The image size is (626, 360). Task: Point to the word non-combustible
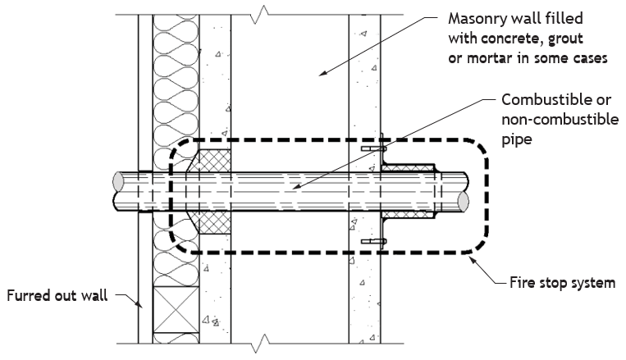[x=560, y=120]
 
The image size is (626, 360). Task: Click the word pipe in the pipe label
[x=517, y=139]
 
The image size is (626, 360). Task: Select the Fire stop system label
[x=563, y=283]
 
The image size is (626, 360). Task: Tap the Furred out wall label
[x=57, y=296]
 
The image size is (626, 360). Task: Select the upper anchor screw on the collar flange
[x=374, y=149]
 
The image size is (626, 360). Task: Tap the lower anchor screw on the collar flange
[x=374, y=241]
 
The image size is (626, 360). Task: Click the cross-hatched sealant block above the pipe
[x=209, y=162]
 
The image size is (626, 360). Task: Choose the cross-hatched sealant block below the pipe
[x=209, y=222]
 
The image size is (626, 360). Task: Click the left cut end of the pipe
[x=118, y=182]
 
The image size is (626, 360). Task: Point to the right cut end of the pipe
[x=463, y=202]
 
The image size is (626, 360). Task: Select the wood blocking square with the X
[x=176, y=310]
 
